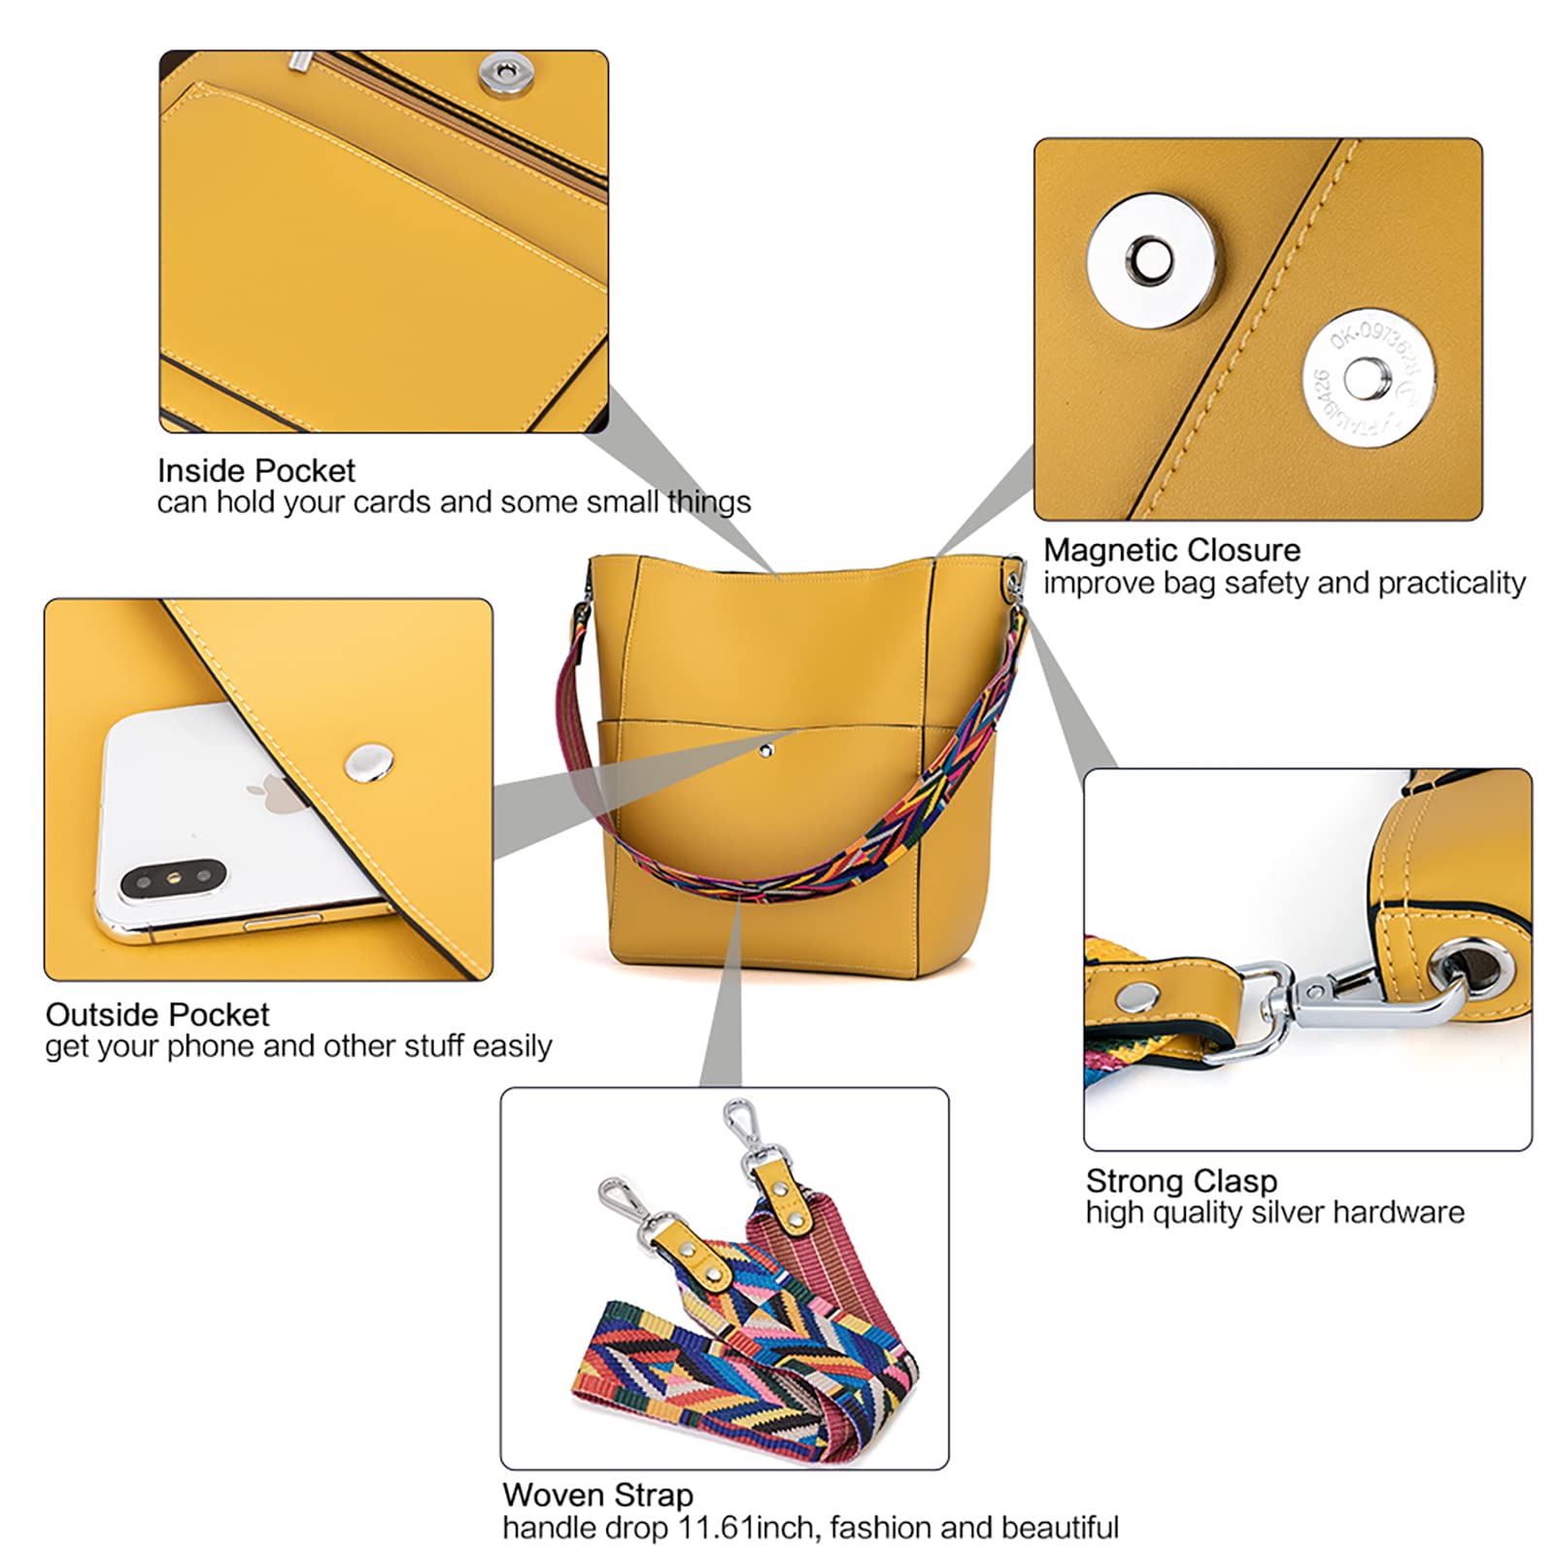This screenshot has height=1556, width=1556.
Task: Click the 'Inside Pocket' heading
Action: coord(256,471)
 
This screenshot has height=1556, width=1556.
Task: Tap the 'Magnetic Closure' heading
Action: coord(1171,550)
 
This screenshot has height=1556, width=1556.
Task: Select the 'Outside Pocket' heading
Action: coord(157,1015)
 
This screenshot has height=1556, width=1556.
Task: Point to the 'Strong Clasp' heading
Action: coord(1181,1181)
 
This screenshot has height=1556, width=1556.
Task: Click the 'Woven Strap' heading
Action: coord(597,1495)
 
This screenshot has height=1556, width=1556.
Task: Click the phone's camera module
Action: coord(173,880)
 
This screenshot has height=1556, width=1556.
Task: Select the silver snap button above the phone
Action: coord(369,764)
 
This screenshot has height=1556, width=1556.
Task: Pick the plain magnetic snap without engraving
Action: coord(1151,258)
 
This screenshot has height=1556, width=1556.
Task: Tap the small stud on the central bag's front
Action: coord(766,750)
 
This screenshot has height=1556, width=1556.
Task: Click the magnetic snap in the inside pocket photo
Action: coord(499,72)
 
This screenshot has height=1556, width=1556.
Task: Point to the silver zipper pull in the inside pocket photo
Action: coord(301,61)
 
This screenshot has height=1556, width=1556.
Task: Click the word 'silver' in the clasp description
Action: coord(1280,1212)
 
